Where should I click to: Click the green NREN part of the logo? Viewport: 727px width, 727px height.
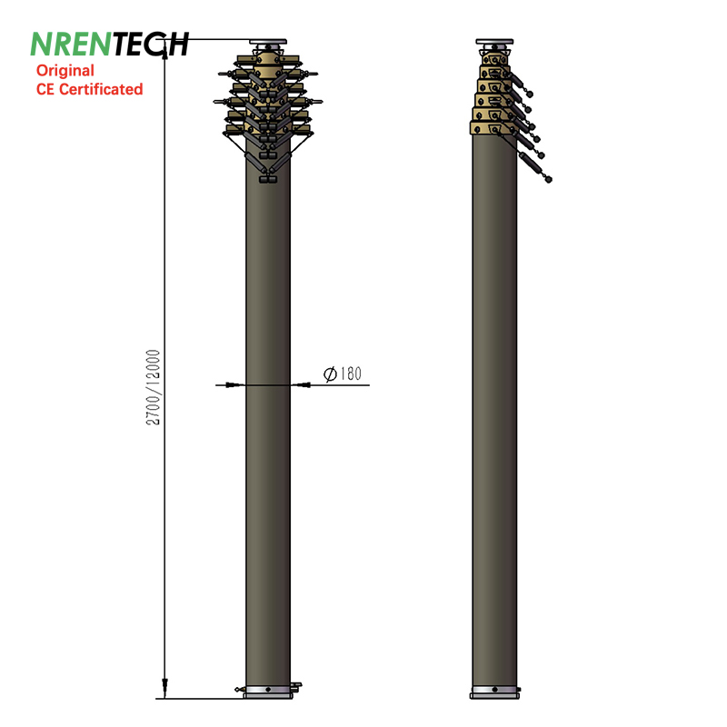pyautogui.click(x=71, y=44)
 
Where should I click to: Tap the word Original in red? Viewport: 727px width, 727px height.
pyautogui.click(x=65, y=71)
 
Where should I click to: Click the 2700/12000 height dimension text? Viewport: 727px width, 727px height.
pyautogui.click(x=153, y=387)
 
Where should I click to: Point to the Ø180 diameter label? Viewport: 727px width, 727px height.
pyautogui.click(x=343, y=373)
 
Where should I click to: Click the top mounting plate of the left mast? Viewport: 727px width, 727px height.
pyautogui.click(x=268, y=42)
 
